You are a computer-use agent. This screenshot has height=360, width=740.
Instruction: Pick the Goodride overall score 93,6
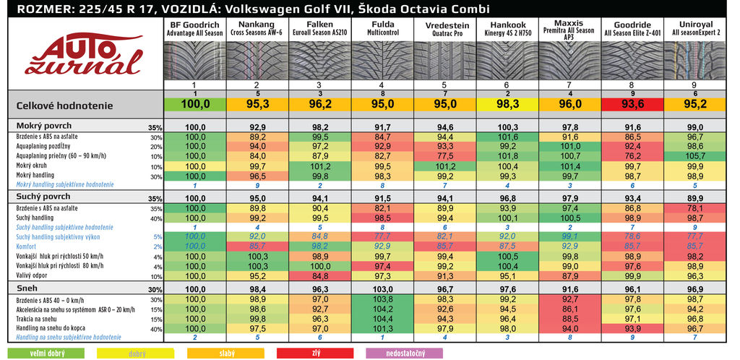pos(632,104)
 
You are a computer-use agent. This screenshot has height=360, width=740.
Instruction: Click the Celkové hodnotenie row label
pos(57,106)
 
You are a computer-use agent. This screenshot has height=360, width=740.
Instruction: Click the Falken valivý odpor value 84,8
pos(319,275)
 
